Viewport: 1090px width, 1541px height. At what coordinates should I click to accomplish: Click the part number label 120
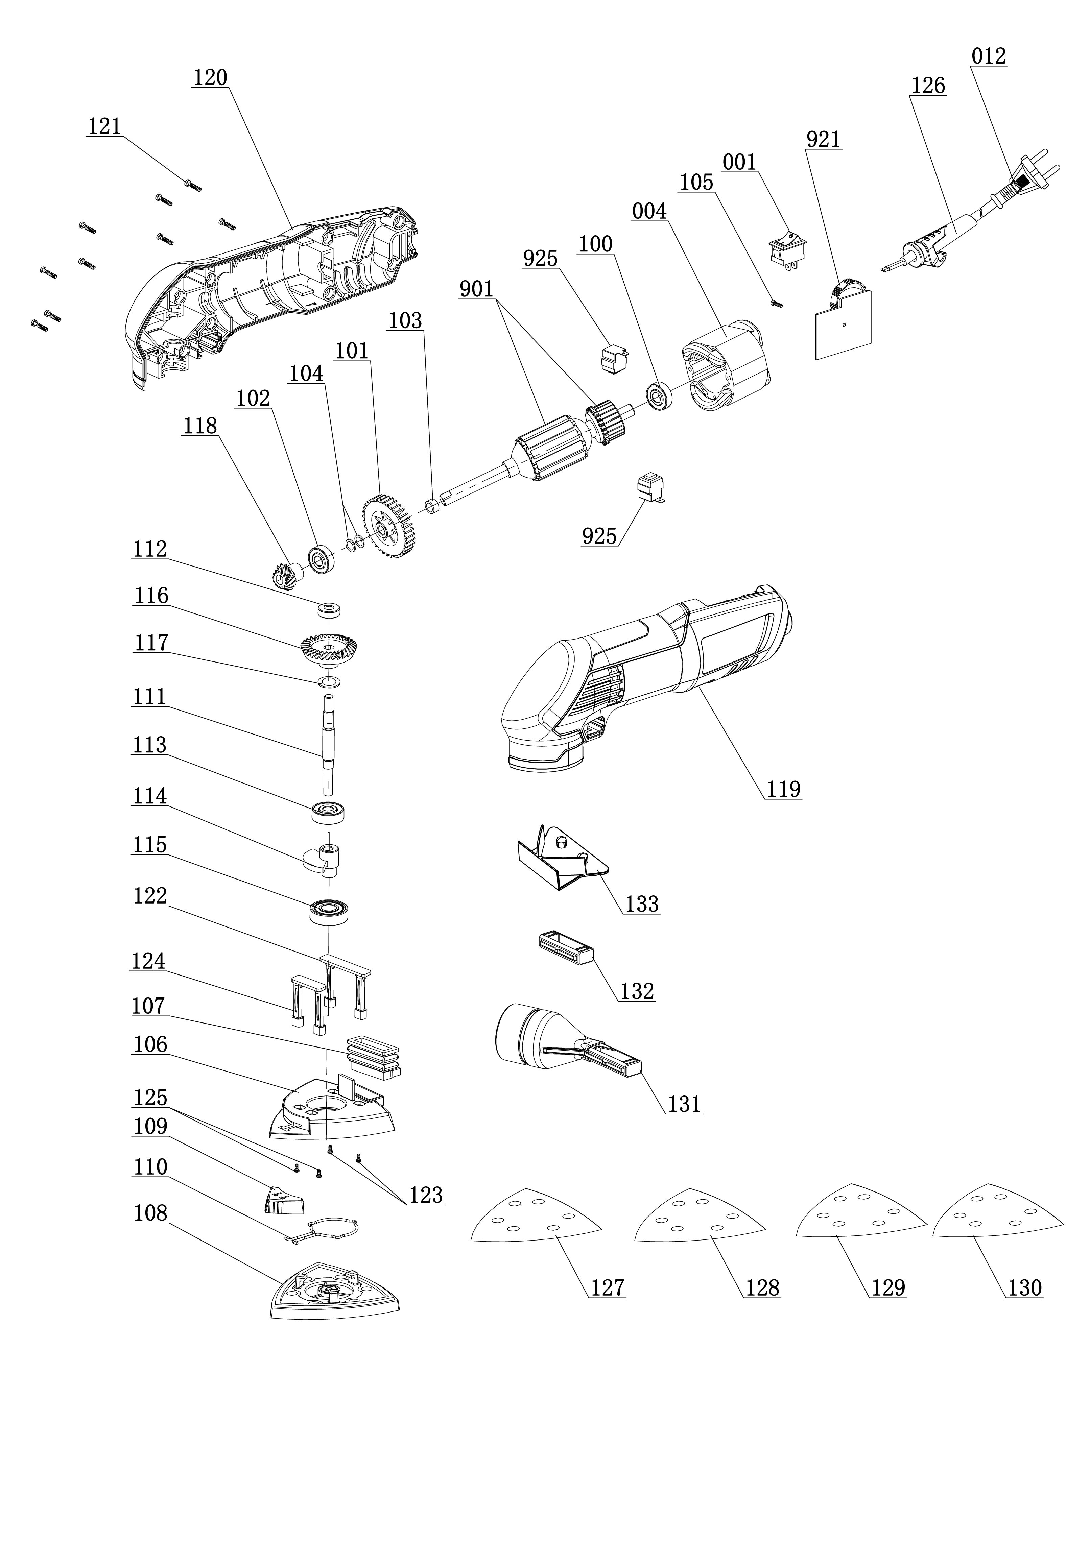(210, 78)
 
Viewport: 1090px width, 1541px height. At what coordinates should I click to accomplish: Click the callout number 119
(783, 789)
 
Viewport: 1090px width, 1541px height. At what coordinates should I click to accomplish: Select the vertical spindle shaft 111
(329, 745)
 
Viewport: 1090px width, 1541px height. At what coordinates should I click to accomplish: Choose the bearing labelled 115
(329, 911)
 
